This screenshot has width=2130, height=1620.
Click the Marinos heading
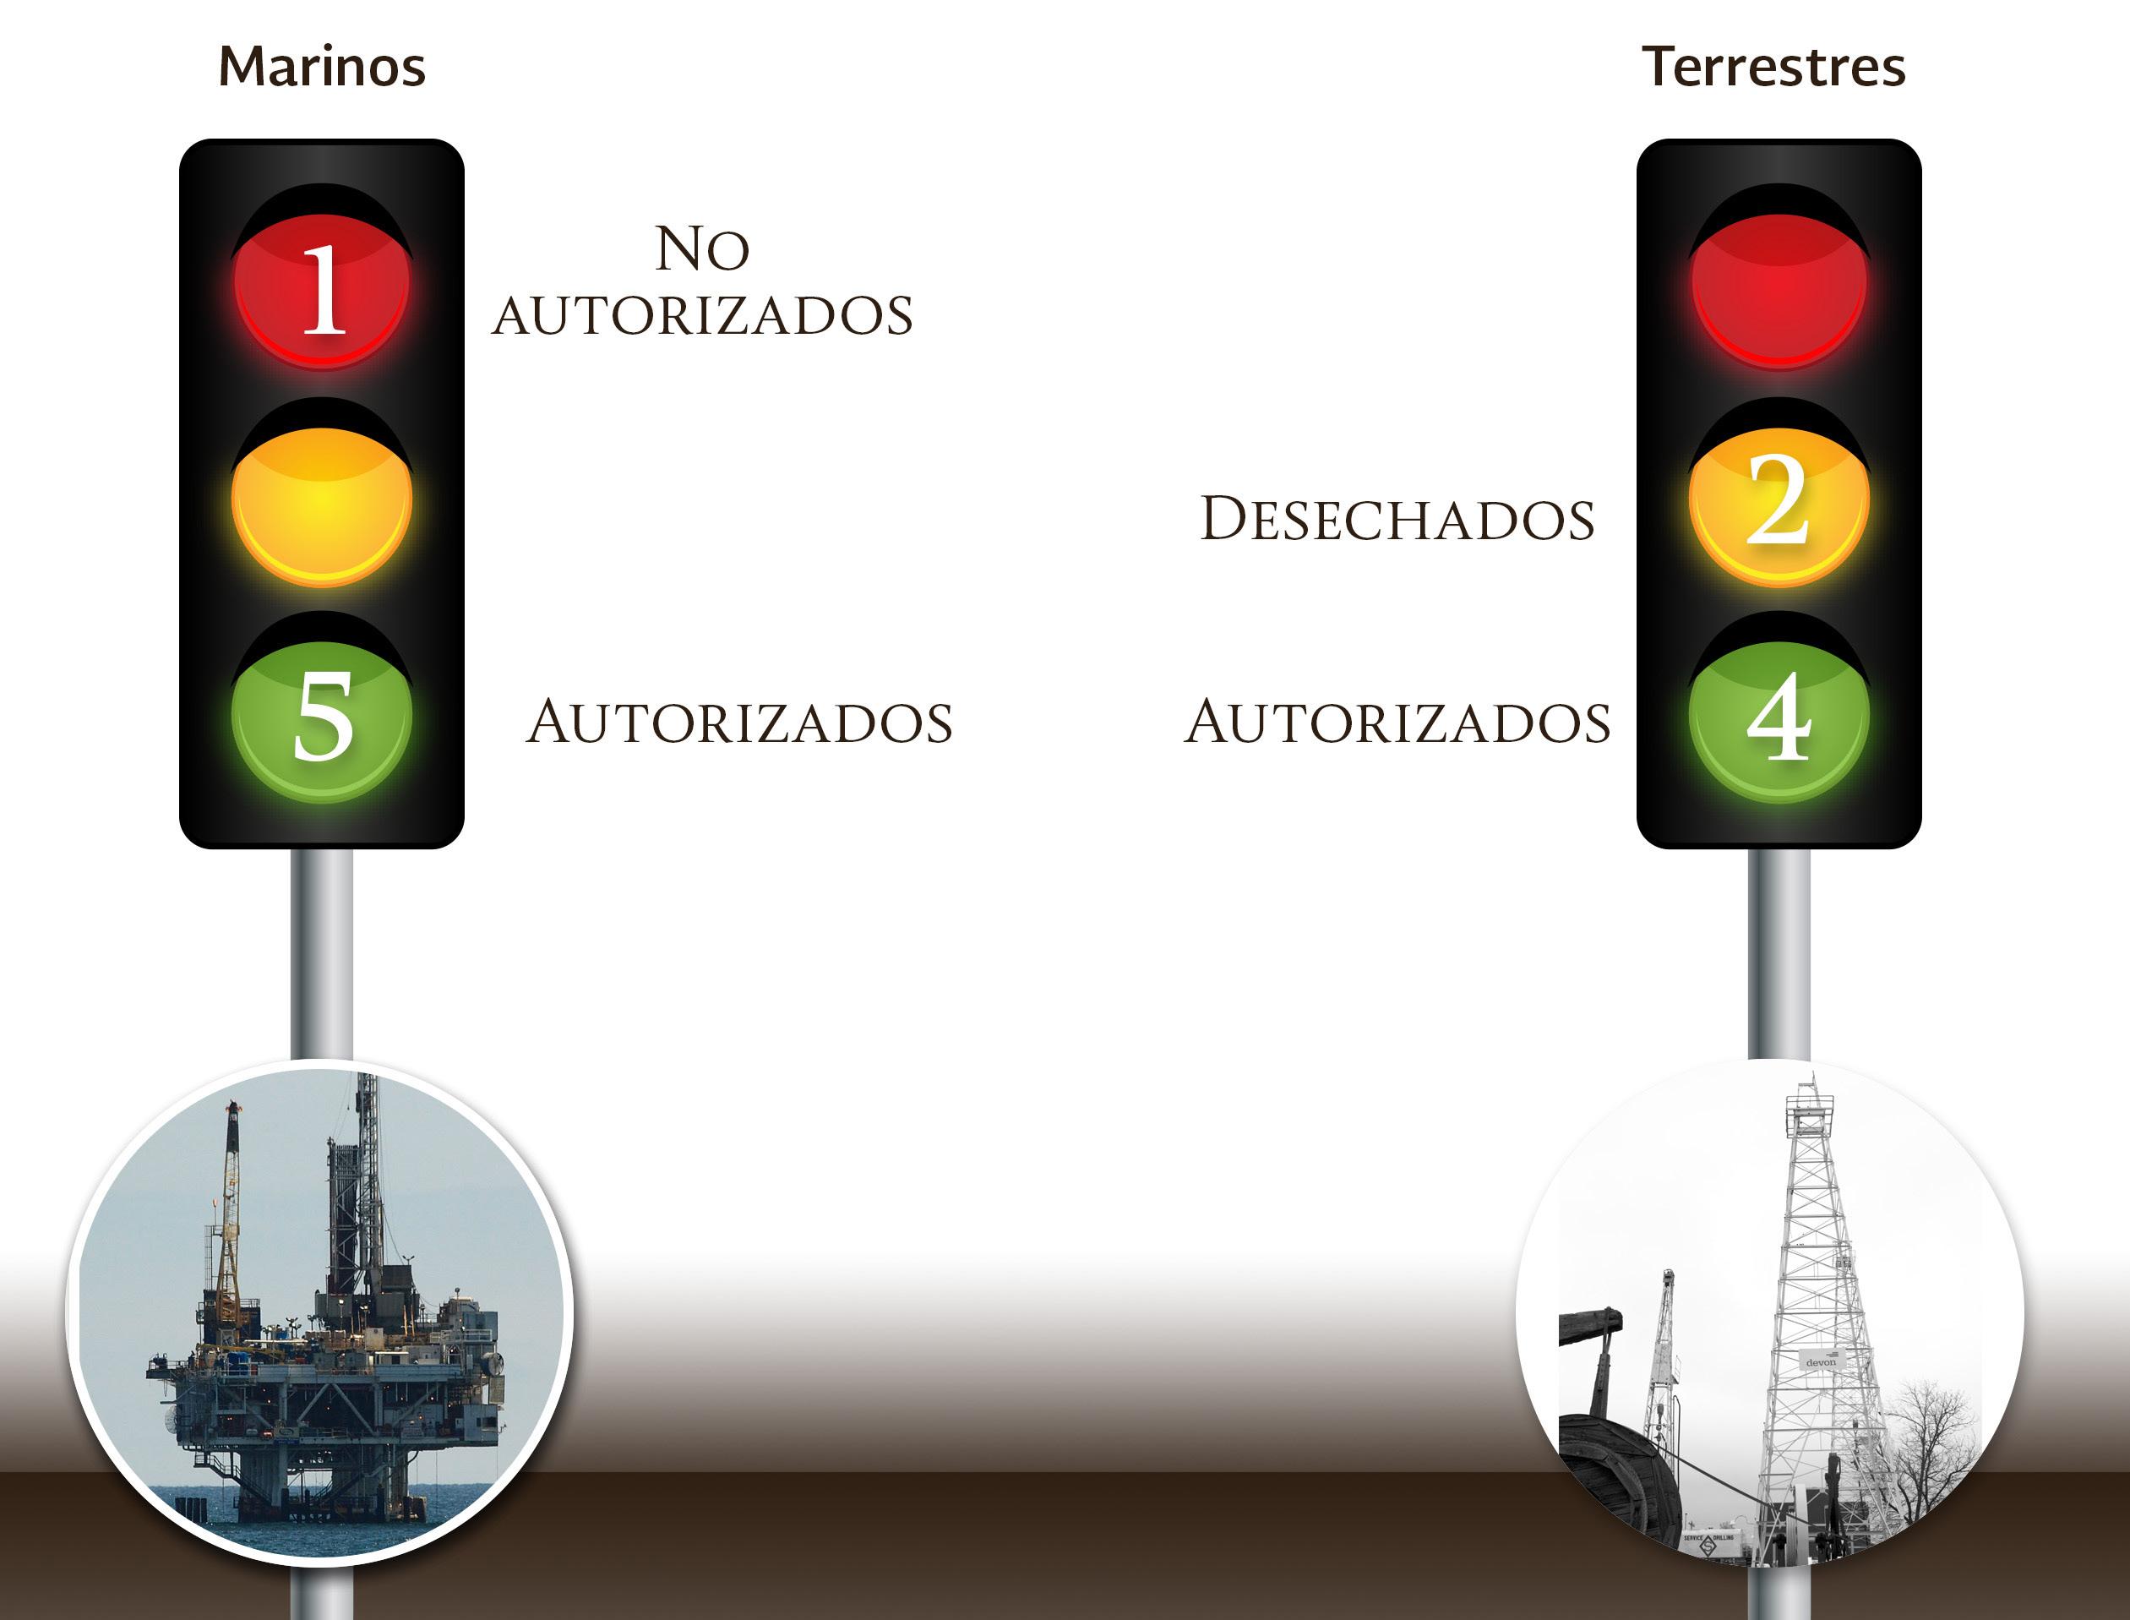[322, 67]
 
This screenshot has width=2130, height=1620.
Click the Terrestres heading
[1773, 67]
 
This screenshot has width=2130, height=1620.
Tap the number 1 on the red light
[323, 288]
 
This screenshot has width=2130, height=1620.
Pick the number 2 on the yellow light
[1777, 500]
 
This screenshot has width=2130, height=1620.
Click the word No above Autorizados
[702, 248]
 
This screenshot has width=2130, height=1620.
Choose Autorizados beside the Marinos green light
[739, 723]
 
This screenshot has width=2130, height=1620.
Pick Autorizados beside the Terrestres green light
[1397, 723]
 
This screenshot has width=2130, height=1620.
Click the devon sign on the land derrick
[1821, 1361]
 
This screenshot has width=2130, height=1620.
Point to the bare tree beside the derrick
[1928, 1447]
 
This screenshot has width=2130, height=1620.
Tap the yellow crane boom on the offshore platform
[230, 1205]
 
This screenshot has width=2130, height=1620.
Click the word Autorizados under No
[702, 315]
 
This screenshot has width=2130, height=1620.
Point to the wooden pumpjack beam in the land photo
[1591, 1325]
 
